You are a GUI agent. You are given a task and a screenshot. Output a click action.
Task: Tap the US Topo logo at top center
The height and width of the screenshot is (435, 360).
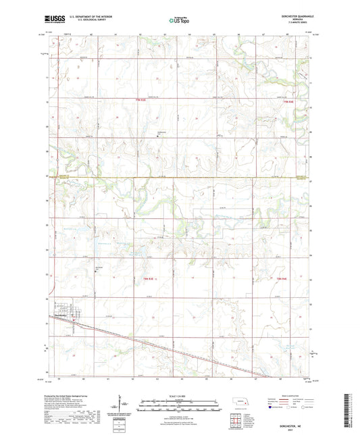(x=177, y=22)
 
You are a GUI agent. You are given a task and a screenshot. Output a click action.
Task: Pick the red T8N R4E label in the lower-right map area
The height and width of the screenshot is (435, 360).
(x=282, y=279)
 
